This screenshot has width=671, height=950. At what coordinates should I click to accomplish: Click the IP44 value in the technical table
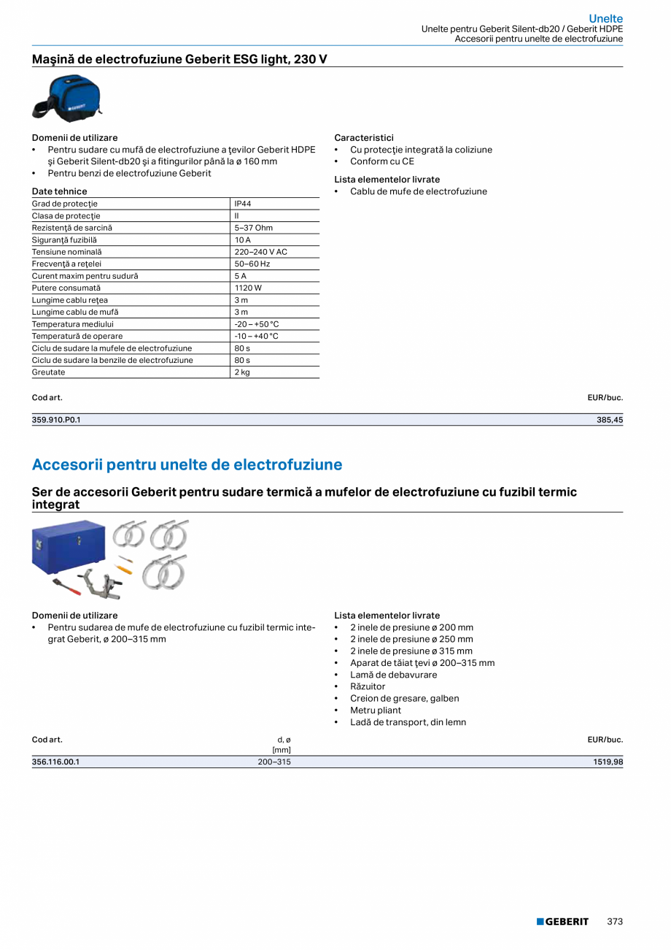(x=242, y=204)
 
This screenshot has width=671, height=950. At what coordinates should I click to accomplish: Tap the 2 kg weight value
(x=241, y=372)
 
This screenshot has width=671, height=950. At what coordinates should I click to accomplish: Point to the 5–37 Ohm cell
(x=253, y=228)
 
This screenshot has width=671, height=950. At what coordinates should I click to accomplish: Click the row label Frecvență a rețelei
(x=66, y=264)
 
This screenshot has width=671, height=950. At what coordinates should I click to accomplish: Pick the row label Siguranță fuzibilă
(x=64, y=240)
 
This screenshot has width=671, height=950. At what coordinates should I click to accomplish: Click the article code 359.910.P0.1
(x=56, y=420)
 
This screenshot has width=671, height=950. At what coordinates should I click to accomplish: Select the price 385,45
(x=610, y=420)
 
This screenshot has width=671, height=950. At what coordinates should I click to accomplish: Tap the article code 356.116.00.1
(x=55, y=762)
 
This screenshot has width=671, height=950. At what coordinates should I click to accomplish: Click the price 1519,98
(x=608, y=762)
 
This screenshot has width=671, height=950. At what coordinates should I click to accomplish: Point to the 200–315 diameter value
(x=274, y=762)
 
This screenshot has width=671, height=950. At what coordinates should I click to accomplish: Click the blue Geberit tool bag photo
(x=67, y=98)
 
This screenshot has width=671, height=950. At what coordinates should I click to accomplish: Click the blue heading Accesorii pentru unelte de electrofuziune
(x=187, y=465)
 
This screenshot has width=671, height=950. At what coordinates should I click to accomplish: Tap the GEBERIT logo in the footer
(x=562, y=922)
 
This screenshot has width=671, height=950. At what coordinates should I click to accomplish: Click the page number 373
(x=615, y=922)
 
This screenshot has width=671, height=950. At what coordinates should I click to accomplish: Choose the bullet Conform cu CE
(x=381, y=161)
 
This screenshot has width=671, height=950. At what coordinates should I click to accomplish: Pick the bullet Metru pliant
(x=375, y=710)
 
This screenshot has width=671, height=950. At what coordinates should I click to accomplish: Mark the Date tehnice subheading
(x=59, y=191)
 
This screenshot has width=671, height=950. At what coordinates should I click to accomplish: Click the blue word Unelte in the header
(x=605, y=19)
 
